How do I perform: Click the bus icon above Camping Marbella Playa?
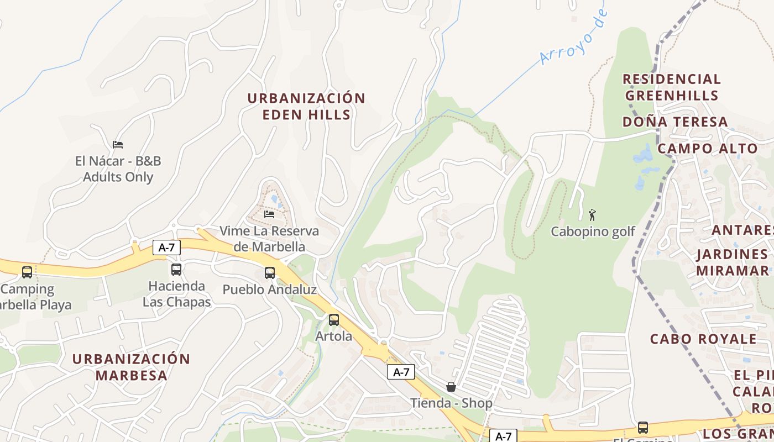[27, 272]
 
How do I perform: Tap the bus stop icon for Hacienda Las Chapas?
[176, 270]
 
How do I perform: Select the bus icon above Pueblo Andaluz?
[270, 272]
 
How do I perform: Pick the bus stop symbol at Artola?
[334, 319]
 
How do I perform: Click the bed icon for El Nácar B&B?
[118, 145]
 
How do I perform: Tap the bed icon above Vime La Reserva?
[269, 214]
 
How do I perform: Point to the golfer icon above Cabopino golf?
[592, 214]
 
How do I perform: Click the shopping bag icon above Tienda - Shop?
[451, 387]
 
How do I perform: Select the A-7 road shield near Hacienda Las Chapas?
[166, 248]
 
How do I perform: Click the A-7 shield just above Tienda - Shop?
[401, 372]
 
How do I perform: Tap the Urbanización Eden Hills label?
[306, 107]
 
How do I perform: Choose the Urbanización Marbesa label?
[131, 367]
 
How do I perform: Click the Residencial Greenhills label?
[672, 87]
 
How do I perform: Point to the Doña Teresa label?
[675, 122]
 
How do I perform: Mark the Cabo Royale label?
[703, 339]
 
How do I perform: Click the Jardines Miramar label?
[733, 262]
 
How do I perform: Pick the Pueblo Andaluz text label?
[269, 290]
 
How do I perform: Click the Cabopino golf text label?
[593, 231]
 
